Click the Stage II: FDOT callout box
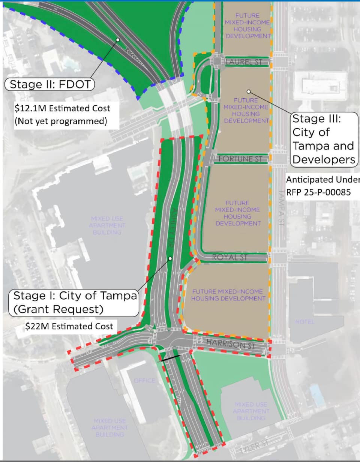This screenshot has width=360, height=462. [50, 84]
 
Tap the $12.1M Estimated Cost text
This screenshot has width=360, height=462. [62, 108]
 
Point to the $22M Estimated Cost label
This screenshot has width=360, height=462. [69, 326]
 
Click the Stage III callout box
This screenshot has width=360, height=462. [323, 139]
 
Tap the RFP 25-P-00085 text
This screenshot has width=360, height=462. [318, 192]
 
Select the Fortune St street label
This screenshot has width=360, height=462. [240, 159]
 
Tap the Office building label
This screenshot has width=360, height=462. [144, 381]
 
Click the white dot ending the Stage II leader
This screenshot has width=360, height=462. [118, 39]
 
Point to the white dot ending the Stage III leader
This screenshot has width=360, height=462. [248, 91]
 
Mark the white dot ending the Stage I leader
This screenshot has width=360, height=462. [170, 258]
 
